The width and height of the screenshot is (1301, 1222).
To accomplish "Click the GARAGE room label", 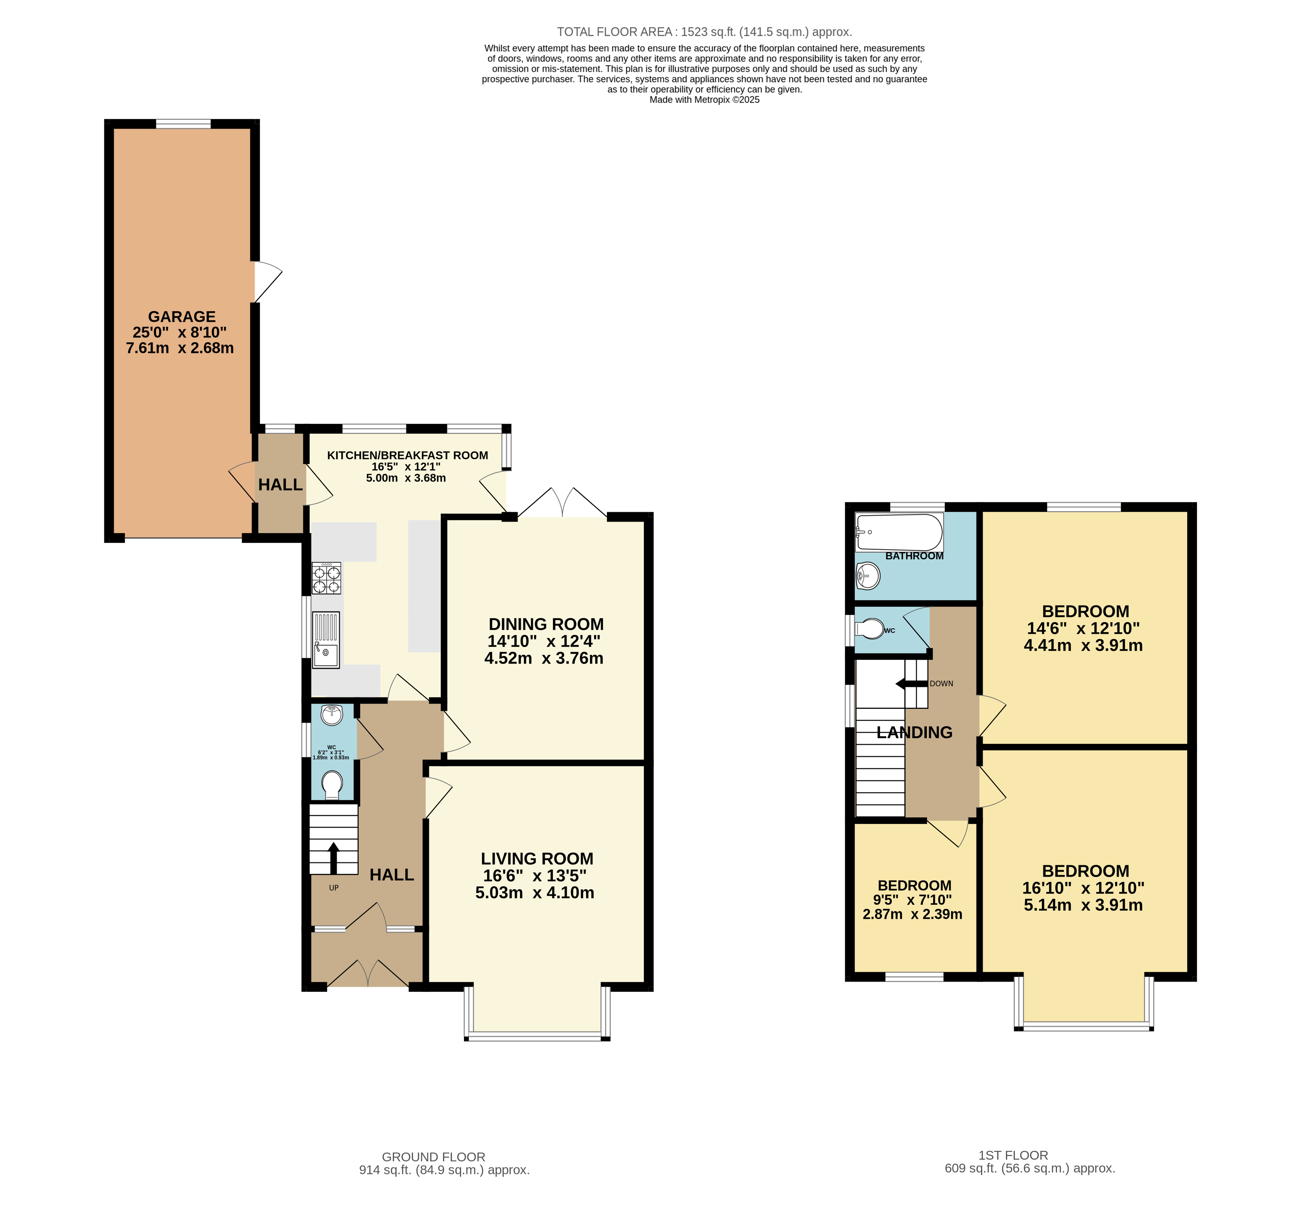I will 181,317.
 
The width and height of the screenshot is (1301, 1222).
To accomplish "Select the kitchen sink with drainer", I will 326,640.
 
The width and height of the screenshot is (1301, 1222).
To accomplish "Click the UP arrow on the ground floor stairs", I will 333,857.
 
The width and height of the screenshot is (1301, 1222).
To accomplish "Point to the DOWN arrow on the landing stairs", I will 911,684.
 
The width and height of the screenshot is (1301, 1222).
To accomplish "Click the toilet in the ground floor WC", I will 332,784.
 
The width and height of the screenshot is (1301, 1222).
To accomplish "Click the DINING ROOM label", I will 546,625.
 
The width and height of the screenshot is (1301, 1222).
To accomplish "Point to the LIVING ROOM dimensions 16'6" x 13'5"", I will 535,876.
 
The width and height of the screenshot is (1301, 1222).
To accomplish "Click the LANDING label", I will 914,732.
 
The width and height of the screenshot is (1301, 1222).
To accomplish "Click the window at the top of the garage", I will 183,124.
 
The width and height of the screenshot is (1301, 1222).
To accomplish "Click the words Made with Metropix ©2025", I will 704,99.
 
